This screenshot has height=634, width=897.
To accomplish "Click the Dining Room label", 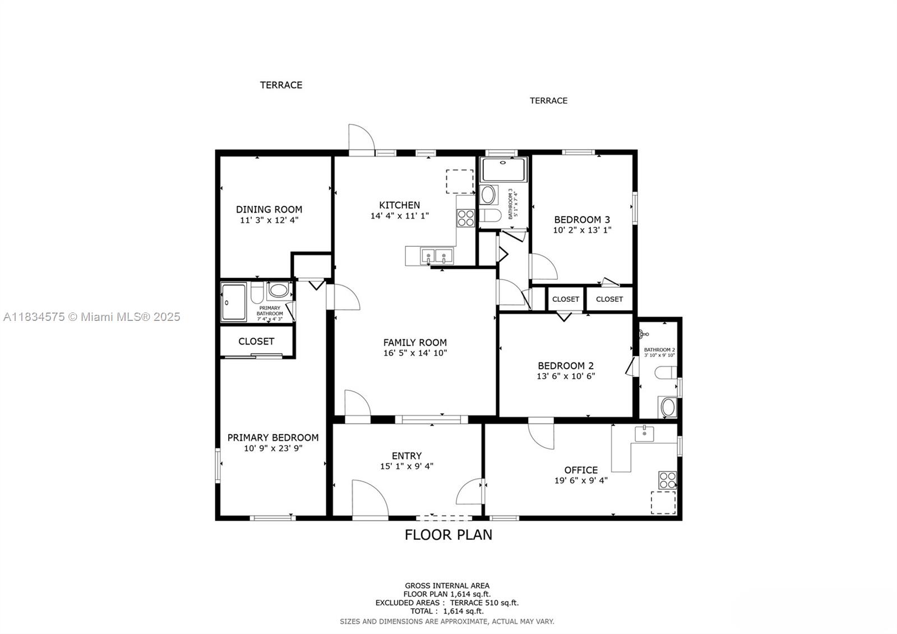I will [269, 209].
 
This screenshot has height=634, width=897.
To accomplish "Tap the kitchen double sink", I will [436, 256].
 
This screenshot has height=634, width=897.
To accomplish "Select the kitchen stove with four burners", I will [465, 218].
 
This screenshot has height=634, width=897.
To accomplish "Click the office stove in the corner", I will [668, 480].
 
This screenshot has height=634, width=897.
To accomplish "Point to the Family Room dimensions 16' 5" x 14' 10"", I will [415, 353].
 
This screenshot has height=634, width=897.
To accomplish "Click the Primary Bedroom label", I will [272, 438].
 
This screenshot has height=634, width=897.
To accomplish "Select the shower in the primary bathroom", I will [233, 302].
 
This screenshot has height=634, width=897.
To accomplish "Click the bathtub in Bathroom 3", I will [503, 169].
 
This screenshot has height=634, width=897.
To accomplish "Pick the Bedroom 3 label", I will [582, 219].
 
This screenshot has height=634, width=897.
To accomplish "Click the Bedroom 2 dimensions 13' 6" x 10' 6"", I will [565, 376].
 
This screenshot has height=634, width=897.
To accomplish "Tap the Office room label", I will [581, 470].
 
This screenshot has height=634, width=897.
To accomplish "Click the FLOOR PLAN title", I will [449, 535].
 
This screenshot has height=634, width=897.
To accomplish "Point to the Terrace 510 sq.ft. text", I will [484, 603].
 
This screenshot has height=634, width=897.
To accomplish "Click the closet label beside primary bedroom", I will [256, 341].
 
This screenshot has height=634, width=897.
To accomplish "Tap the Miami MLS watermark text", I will [91, 317].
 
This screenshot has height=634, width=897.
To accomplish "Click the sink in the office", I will [645, 433].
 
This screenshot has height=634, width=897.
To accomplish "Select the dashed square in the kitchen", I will [459, 181].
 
